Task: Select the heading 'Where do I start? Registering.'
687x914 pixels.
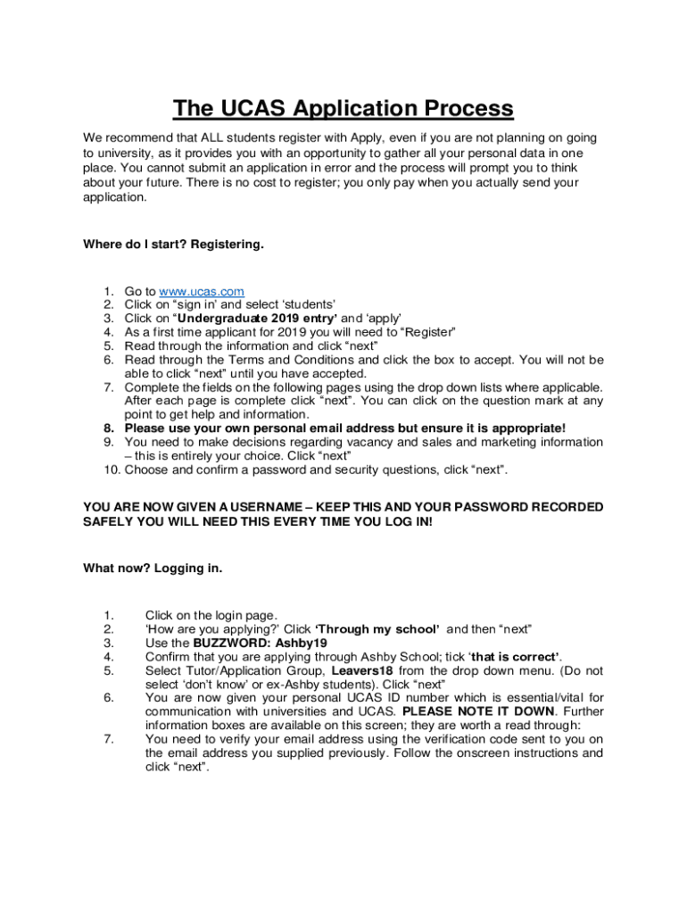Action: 173,244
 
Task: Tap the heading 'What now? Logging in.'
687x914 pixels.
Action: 153,568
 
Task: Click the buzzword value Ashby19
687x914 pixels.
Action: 302,643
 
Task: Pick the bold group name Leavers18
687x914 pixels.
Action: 362,670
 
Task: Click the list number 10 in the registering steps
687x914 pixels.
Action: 111,469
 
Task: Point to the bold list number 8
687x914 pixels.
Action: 109,428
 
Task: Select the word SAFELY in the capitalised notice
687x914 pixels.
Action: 109,521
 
